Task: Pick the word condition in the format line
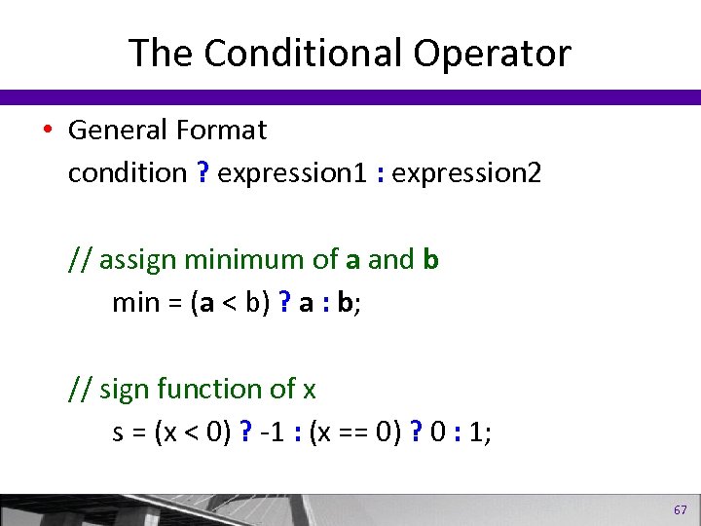[x=127, y=173]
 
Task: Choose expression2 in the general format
[x=466, y=173]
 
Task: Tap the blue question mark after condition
[x=202, y=173]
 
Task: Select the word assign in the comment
[x=139, y=260]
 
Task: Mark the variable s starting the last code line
[x=118, y=432]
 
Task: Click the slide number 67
[x=680, y=510]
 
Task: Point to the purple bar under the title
[x=350, y=97]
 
